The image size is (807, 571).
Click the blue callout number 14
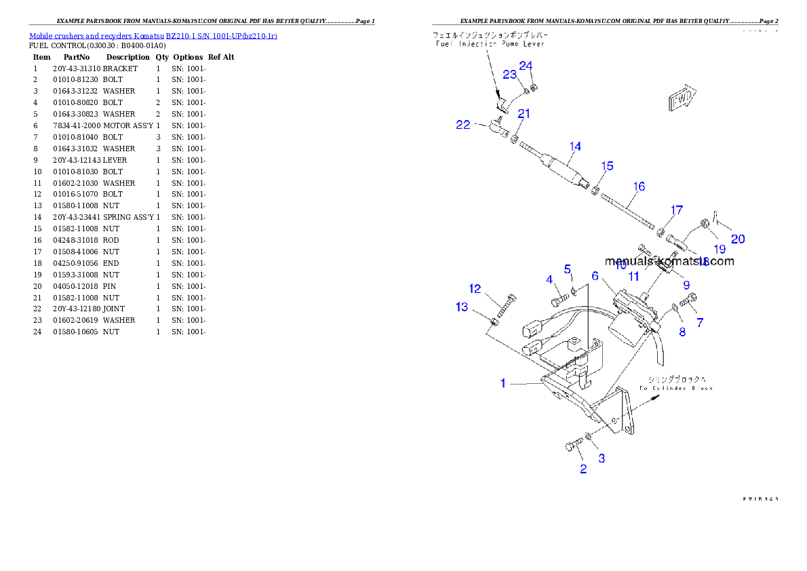(575, 146)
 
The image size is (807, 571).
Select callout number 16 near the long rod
(639, 186)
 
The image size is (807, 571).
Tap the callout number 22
(462, 125)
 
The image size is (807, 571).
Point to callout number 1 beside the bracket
(503, 384)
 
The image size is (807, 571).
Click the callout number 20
(738, 239)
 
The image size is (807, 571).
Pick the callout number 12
(475, 289)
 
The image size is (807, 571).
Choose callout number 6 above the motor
(595, 276)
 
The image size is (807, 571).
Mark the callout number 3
(601, 458)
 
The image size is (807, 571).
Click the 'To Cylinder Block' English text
(675, 389)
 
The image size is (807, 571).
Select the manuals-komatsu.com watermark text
(669, 261)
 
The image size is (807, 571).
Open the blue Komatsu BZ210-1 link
(153, 35)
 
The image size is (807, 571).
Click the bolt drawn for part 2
(573, 446)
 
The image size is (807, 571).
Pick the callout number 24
(526, 66)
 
